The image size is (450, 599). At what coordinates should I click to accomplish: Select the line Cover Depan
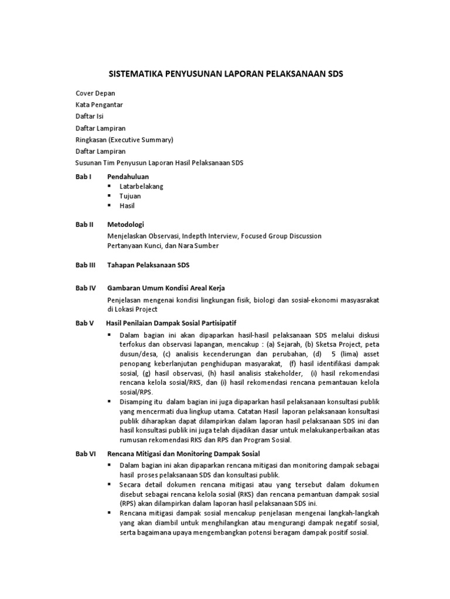tap(96, 93)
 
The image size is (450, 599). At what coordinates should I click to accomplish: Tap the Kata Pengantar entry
tap(99, 105)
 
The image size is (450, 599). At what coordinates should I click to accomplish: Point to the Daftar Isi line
tap(90, 116)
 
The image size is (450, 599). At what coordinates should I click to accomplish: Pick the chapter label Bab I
tap(83, 176)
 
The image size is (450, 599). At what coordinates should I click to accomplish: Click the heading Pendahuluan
tap(128, 176)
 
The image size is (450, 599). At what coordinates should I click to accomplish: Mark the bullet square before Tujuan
tap(110, 196)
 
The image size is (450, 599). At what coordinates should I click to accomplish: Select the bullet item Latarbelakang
tap(141, 186)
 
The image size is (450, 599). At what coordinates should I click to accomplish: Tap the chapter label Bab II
tap(84, 225)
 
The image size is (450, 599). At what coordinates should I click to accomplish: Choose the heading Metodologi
tap(125, 225)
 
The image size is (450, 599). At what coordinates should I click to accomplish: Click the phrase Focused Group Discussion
tap(281, 236)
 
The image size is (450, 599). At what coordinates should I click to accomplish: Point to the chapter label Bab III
tap(86, 265)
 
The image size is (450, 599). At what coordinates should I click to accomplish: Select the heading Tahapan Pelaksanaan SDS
tap(149, 265)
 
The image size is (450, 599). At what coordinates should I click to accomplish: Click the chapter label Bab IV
tap(86, 288)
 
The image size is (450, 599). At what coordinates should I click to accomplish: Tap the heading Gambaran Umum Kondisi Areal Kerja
tap(166, 288)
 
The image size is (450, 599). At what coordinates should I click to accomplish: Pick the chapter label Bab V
tap(84, 323)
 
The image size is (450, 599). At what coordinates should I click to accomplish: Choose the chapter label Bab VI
tap(86, 453)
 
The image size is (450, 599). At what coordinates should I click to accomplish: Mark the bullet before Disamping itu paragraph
tap(110, 402)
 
